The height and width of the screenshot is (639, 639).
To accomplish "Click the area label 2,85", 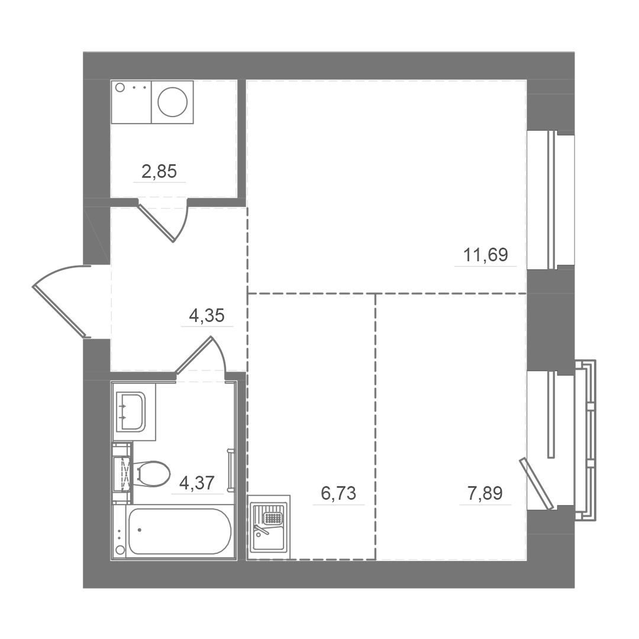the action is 159,172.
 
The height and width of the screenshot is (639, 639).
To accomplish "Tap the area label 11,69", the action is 485,255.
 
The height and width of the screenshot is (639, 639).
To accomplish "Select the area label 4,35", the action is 206,315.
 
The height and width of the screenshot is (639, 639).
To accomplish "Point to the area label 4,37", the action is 197,483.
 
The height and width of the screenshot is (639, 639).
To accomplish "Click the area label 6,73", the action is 338,493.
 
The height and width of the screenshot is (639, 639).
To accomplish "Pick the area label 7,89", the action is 485,493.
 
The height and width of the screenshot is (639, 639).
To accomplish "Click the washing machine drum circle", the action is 172,101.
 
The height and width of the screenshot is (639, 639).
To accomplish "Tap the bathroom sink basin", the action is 130,411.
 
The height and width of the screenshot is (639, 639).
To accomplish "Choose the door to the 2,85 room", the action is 157,222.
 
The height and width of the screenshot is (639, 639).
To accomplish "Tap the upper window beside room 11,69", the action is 551,200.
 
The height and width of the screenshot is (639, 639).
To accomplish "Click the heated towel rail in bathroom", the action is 230,470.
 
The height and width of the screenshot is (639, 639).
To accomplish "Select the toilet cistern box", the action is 122,473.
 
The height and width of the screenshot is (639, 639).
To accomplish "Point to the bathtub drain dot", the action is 140,530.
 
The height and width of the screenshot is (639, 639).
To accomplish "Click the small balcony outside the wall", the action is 585,440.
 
